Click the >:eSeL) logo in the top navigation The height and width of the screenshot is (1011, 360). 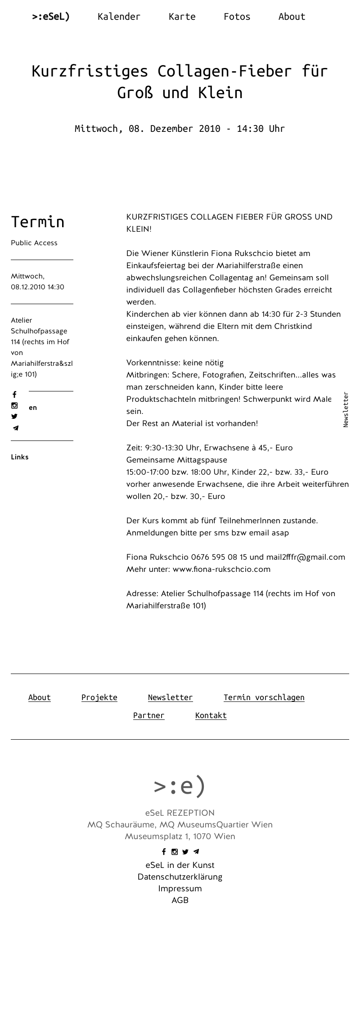tap(51, 17)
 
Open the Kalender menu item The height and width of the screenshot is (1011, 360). tap(119, 17)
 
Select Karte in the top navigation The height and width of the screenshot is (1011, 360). tap(182, 17)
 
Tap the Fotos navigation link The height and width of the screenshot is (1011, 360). tap(237, 17)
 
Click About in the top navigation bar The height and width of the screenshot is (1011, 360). tap(292, 17)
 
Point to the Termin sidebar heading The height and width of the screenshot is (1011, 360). tap(38, 222)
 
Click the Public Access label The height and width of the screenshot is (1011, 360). tap(34, 243)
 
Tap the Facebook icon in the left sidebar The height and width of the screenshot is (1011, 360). tap(14, 395)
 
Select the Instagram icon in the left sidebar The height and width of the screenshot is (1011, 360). tap(14, 405)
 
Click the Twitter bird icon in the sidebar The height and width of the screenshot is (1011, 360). tap(14, 417)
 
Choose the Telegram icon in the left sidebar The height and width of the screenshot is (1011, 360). tap(16, 428)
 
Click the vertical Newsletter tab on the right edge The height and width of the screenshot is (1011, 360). tap(346, 409)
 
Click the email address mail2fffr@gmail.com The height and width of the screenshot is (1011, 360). tap(306, 557)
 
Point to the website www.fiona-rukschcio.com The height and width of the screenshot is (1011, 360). tap(221, 569)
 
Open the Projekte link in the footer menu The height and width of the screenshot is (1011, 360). tap(99, 697)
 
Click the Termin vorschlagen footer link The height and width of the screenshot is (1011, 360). tap(264, 697)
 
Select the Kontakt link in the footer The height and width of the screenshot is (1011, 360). tap(211, 715)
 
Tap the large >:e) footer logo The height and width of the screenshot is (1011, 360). tap(180, 786)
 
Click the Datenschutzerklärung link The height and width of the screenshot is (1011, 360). tap(180, 877)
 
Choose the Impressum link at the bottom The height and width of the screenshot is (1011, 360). tap(180, 889)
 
